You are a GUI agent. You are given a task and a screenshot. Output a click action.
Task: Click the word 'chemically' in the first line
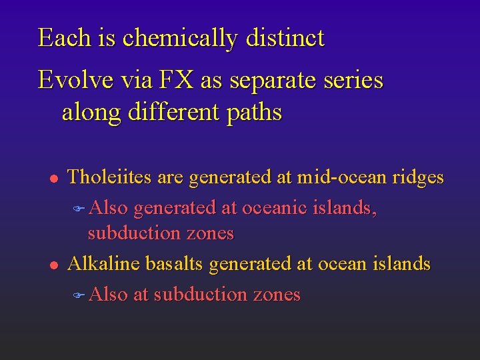[180, 38]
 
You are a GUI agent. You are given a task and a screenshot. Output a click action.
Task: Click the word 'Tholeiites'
[110, 177]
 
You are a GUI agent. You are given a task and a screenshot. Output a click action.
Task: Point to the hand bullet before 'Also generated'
[79, 209]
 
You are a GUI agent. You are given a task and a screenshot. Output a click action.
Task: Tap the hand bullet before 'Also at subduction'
[79, 295]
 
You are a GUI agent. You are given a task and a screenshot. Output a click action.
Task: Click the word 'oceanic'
[275, 208]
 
